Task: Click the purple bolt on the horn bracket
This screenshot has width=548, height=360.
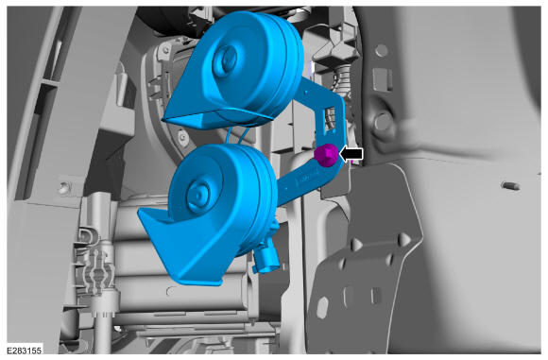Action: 326,156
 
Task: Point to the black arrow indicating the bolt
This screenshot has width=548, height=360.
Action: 351,154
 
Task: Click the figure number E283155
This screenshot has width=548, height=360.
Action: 25,351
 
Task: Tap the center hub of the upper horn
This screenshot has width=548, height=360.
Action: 225,60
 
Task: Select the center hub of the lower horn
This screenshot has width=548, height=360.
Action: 197,195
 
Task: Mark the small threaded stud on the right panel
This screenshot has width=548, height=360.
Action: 510,185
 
